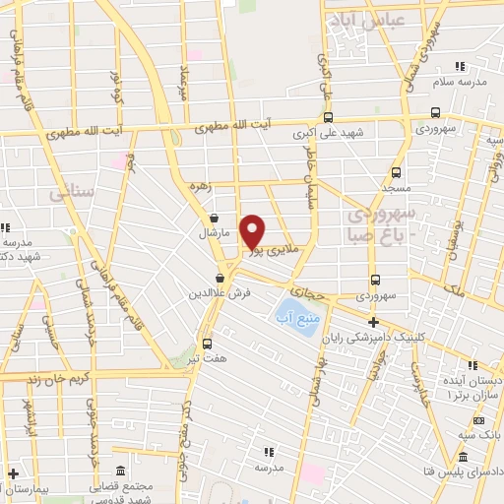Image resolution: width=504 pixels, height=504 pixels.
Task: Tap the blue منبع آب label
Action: click(301, 321)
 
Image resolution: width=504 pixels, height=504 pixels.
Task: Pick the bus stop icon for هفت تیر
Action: click(207, 344)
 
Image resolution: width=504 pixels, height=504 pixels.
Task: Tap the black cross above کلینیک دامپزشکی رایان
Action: click(373, 322)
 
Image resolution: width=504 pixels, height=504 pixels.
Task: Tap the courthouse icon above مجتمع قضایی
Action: click(119, 470)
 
